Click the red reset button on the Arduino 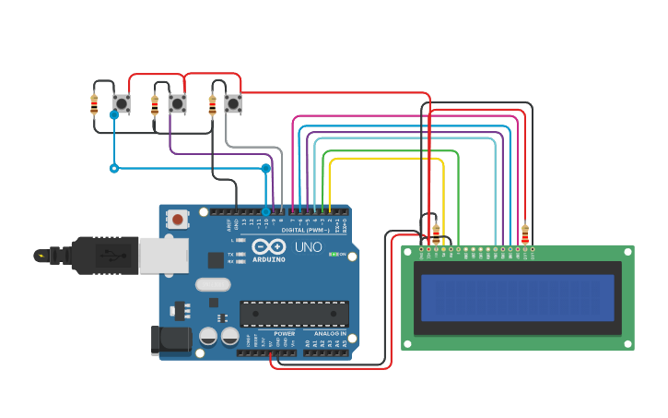(x=176, y=220)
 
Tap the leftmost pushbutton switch (x=121, y=103)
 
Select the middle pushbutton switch (x=177, y=103)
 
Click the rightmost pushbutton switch (x=233, y=103)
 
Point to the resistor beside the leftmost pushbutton (x=94, y=104)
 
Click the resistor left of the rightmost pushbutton (x=213, y=105)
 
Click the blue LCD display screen (x=517, y=297)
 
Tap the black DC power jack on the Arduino (x=171, y=340)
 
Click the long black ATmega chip (x=294, y=314)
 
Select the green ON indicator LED (x=333, y=254)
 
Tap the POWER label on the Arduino (x=284, y=333)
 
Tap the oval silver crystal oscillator (x=212, y=285)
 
